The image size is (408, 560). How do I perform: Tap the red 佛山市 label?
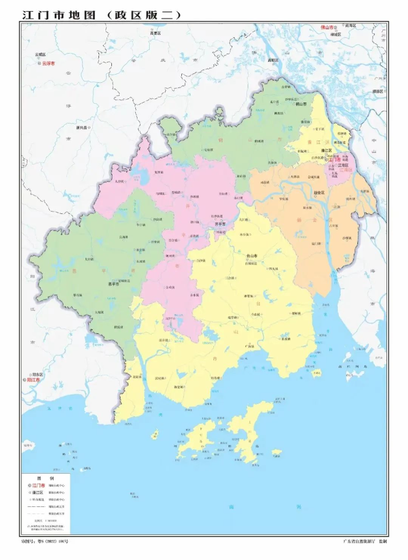point(327,27)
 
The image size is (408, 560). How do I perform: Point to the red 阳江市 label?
point(33,380)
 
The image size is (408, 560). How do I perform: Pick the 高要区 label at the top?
point(154,33)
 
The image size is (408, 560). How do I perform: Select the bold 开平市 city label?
point(220,223)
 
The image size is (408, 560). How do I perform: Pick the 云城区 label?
point(40,54)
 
